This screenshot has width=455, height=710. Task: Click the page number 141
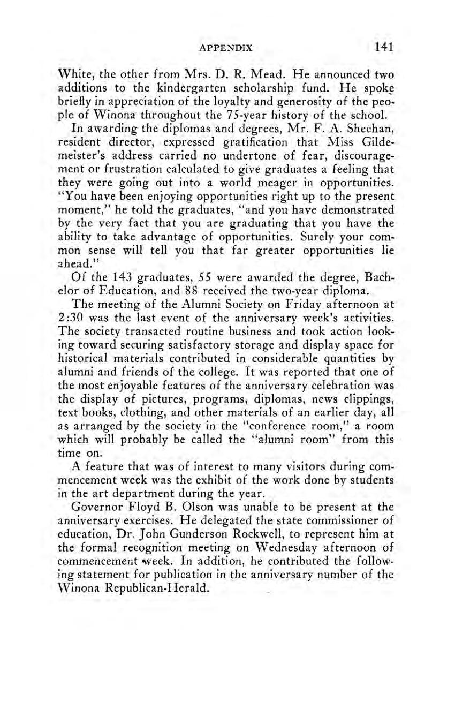coord(384,47)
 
